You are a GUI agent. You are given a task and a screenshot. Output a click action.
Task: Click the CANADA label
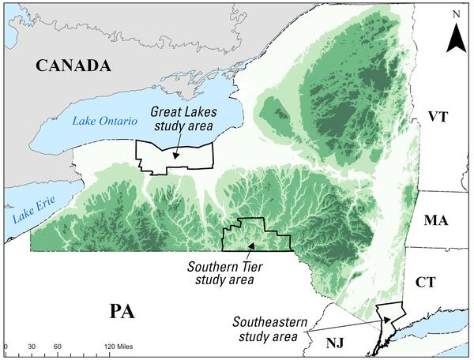pyautogui.click(x=72, y=66)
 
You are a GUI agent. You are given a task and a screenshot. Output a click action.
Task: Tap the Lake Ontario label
pyautogui.click(x=104, y=120)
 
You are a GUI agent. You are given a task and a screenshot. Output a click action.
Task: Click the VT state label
pyautogui.click(x=437, y=116)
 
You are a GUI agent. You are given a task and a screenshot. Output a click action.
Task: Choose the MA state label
pyautogui.click(x=435, y=220)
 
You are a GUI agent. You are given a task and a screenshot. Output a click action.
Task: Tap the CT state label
pyautogui.click(x=434, y=281)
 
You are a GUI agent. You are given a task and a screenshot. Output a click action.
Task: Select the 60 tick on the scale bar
pyautogui.click(x=58, y=347)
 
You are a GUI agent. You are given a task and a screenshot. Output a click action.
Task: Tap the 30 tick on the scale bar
pyautogui.click(x=32, y=347)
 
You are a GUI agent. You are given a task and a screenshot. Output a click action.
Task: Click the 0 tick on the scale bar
pyautogui.click(x=6, y=347)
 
